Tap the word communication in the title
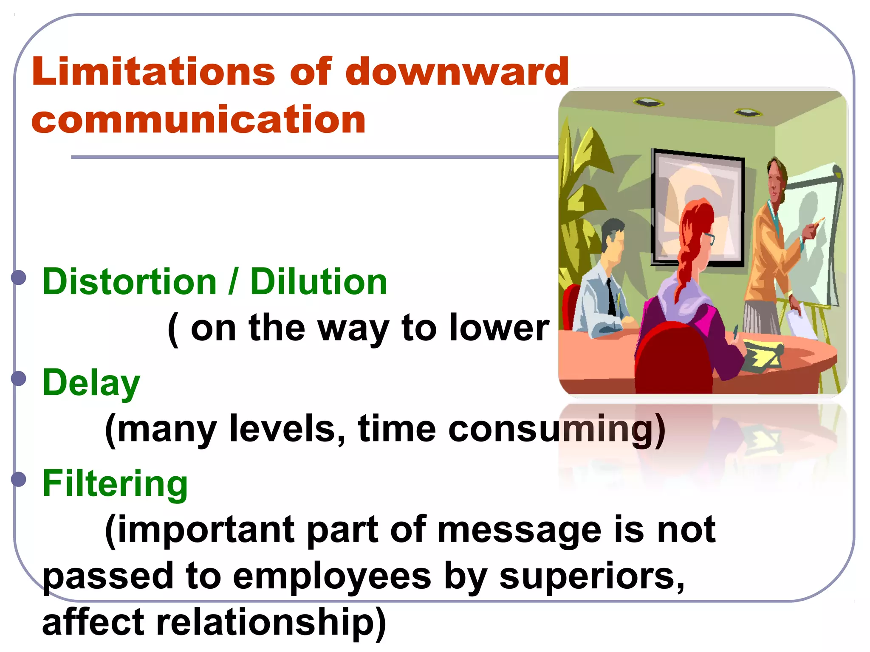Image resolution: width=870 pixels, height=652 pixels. point(198,120)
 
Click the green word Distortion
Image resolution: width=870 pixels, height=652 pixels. point(130,282)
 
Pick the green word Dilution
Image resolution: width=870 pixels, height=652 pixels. point(319,282)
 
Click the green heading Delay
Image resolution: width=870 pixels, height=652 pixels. point(91,383)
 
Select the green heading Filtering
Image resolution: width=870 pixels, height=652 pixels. point(115,484)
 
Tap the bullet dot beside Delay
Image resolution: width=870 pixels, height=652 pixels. point(19,378)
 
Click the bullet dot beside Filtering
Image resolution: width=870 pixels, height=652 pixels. point(19,479)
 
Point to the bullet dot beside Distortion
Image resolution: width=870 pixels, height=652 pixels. point(19,278)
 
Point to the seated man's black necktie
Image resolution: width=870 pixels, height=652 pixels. point(611,297)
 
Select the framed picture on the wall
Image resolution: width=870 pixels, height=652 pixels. point(697,208)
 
